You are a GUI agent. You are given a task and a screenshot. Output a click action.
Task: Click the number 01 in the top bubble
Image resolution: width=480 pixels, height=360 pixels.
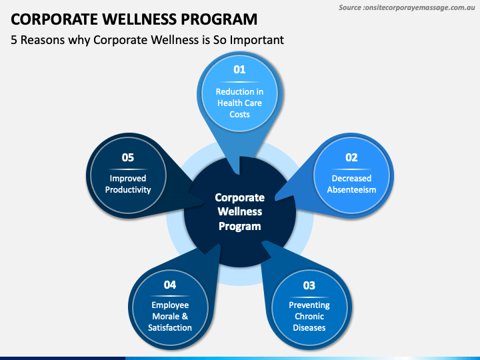[239, 69]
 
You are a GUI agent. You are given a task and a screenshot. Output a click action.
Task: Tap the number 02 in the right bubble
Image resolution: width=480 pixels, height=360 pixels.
[351, 157]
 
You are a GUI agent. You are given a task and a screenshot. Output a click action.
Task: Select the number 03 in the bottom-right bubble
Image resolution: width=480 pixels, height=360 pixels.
[309, 285]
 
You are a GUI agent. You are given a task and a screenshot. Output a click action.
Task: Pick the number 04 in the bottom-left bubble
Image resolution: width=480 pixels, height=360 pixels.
[170, 285]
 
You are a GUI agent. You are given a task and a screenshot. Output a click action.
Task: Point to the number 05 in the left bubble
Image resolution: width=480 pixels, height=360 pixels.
[127, 157]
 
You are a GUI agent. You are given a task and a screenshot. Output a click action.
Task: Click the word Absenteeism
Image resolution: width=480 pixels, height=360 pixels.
[351, 189]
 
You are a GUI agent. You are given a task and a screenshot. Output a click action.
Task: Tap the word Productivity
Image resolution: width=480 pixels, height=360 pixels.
[127, 189]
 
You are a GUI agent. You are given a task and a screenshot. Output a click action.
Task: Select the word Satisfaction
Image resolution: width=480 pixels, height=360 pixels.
[170, 327]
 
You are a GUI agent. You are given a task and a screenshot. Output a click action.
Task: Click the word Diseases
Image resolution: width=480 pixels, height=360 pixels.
[309, 327]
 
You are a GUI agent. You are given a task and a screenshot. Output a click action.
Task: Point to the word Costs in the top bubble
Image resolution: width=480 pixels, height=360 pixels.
[239, 114]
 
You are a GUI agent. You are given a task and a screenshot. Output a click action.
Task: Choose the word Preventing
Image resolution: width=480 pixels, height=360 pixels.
[309, 305]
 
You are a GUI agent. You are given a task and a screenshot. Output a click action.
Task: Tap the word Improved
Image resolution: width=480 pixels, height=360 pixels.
[127, 178]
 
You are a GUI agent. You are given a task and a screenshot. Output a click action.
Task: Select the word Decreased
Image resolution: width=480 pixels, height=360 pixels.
[351, 178]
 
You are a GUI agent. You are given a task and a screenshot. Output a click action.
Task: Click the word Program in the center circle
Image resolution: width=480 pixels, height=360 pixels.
[239, 226]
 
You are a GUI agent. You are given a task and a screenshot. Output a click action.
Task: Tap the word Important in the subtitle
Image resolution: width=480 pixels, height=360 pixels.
[256, 40]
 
